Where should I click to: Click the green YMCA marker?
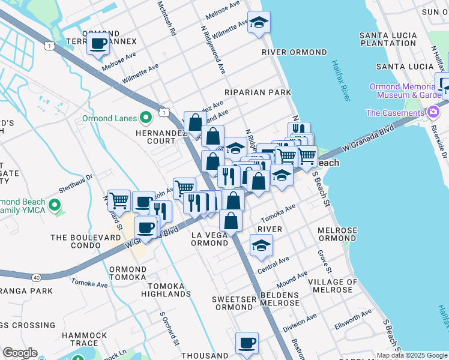(56, 206)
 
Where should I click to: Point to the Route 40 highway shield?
(37, 277)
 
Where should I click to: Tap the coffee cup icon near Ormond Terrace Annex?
(98, 43)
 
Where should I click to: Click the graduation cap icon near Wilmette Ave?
(259, 23)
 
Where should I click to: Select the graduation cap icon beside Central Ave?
(261, 245)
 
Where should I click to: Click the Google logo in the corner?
(20, 353)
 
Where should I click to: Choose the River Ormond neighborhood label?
(294, 53)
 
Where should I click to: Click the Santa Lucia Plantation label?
(388, 40)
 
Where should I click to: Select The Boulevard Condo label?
(85, 242)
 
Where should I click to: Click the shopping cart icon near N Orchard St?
(119, 200)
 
